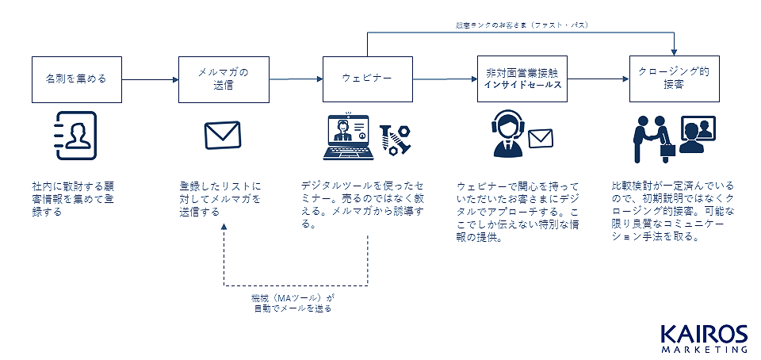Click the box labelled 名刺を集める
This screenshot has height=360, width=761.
[76, 79]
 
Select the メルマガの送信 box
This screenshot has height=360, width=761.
[223, 79]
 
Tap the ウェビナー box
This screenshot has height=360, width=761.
[367, 79]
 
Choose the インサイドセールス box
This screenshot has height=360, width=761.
[523, 79]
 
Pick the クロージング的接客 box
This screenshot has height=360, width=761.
[672, 79]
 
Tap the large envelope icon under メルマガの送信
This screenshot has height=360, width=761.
[222, 135]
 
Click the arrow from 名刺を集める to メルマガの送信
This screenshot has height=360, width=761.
[150, 79]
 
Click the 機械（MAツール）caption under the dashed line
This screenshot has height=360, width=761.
[293, 302]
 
